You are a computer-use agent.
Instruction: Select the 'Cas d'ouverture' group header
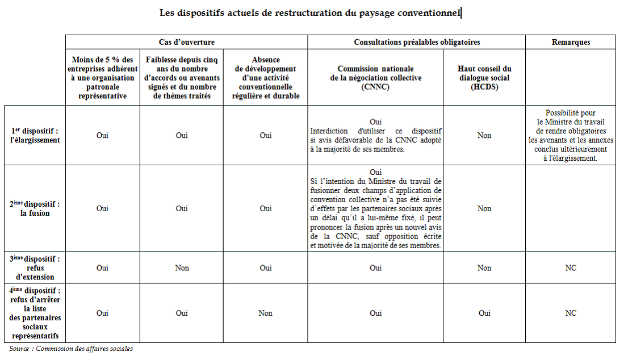click(186, 42)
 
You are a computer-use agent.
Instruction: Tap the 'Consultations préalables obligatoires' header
click(416, 42)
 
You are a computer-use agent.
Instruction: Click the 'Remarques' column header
click(571, 42)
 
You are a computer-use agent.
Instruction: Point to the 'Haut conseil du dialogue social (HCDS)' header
click(484, 78)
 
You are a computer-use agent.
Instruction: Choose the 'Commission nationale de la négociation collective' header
click(375, 78)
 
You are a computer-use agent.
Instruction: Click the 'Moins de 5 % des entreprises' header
click(102, 78)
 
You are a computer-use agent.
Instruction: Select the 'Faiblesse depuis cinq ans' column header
click(182, 78)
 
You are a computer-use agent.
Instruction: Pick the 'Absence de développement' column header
click(265, 78)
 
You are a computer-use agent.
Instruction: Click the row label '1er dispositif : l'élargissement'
click(35, 135)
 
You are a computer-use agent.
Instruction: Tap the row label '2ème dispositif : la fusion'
click(35, 208)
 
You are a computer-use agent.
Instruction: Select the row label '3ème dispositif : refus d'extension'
click(35, 268)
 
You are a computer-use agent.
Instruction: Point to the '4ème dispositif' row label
click(35, 313)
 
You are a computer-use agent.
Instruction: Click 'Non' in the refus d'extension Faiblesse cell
click(182, 268)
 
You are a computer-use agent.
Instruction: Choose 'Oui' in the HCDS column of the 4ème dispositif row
click(484, 313)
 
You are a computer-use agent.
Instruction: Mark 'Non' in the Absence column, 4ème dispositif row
click(265, 313)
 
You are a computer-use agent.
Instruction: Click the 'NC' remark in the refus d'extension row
click(571, 268)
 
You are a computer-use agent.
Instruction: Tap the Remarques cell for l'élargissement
click(571, 135)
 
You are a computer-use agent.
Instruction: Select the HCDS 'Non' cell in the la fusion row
click(484, 208)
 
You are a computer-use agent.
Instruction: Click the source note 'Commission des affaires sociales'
click(84, 349)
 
